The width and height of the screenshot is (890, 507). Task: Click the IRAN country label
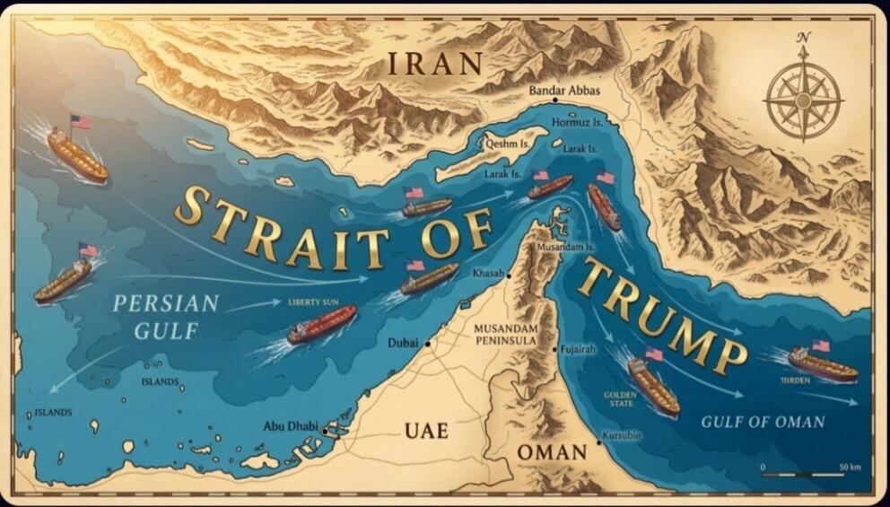tap(435, 64)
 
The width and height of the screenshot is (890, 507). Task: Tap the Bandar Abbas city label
tap(564, 91)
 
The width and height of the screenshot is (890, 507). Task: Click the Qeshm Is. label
tap(504, 142)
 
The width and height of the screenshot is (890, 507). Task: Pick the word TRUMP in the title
tap(663, 315)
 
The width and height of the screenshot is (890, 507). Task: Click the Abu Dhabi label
tap(291, 427)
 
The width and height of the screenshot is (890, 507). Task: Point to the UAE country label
tap(426, 431)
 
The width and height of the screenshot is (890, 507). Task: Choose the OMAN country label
tap(551, 452)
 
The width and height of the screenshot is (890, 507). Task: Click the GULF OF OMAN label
tap(763, 422)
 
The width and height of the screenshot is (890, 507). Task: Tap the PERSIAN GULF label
tap(165, 317)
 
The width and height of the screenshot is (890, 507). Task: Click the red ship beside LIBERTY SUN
tap(322, 324)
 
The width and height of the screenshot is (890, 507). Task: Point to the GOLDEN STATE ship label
tap(620, 399)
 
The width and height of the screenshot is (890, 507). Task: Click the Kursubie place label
tap(623, 435)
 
